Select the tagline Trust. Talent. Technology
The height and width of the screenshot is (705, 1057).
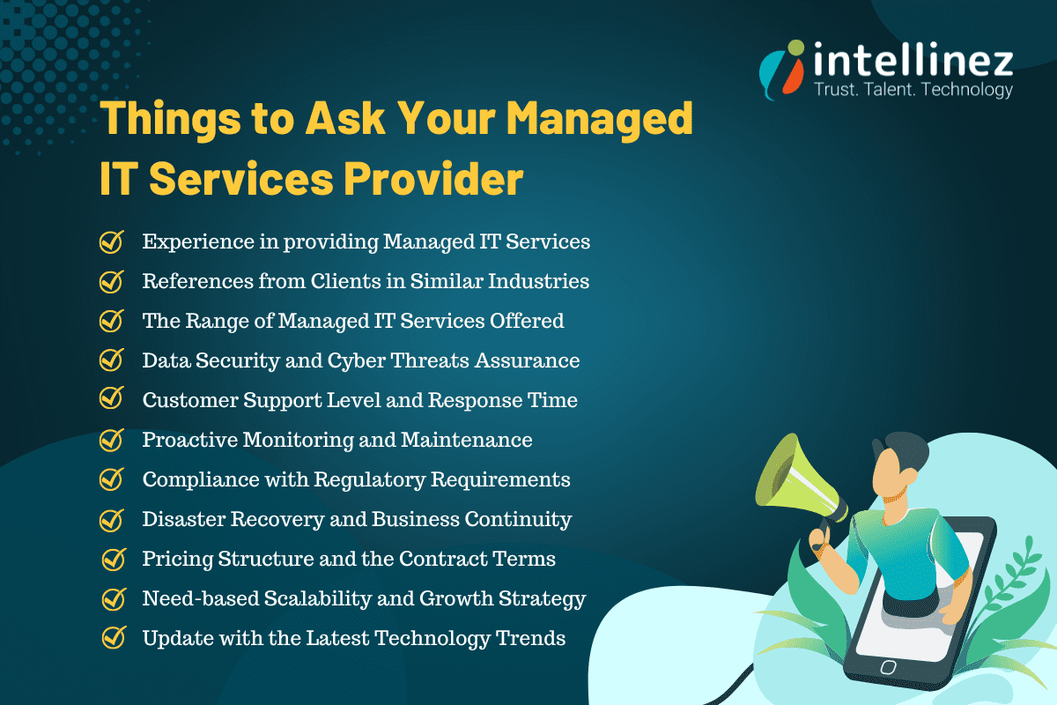tap(913, 90)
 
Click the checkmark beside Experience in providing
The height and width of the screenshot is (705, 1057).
tap(111, 241)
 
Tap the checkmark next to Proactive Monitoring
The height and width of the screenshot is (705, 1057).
tap(111, 439)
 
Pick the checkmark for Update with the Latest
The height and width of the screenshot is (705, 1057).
tap(114, 637)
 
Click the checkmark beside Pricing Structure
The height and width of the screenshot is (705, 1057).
tap(114, 559)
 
